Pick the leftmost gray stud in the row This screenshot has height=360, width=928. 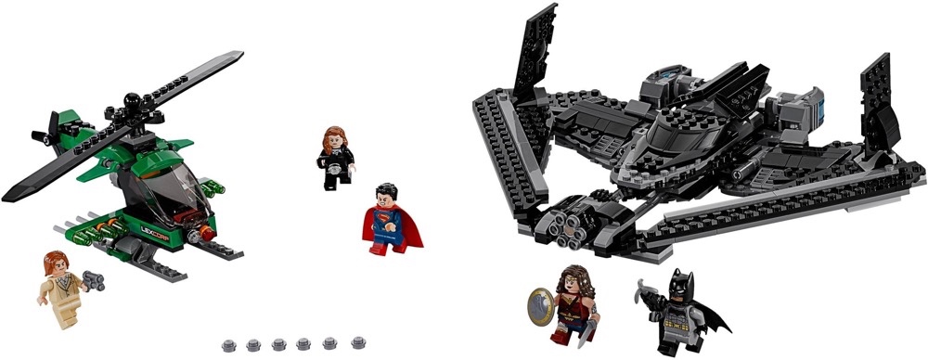click(228, 346)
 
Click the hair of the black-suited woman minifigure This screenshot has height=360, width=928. click(333, 140)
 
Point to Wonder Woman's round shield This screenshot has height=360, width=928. click(539, 303)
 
